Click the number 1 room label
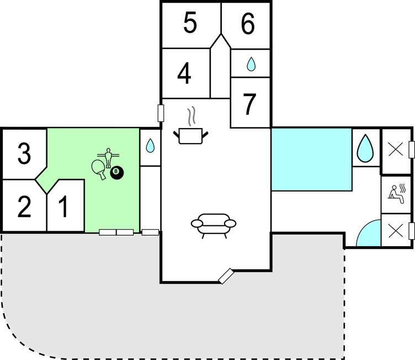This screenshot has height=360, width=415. [x=63, y=207]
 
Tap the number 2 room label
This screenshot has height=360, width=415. [x=24, y=207]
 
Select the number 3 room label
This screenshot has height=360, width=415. [x=24, y=153]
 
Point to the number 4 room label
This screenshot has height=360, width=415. [x=184, y=73]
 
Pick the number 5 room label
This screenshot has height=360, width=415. [x=190, y=23]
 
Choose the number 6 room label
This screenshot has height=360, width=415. [x=248, y=23]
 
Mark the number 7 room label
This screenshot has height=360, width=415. [x=249, y=104]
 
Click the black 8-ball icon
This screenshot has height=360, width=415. [x=117, y=172]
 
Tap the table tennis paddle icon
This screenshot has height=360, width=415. [x=98, y=170]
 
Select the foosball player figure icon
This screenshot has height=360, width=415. [x=108, y=158]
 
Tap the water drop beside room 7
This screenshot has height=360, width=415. [x=251, y=65]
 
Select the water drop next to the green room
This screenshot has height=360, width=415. [x=150, y=145]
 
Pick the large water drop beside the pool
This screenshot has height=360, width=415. [x=365, y=149]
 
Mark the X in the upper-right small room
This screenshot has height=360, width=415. [x=396, y=150]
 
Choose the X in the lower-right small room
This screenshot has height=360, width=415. [x=396, y=230]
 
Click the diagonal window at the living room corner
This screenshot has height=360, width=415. [x=226, y=276]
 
